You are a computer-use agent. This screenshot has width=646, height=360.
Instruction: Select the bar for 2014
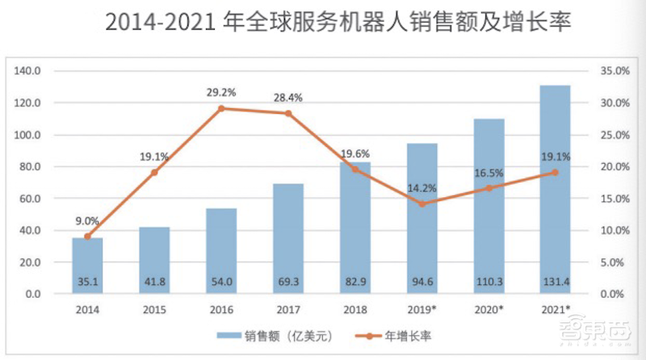click(87, 266)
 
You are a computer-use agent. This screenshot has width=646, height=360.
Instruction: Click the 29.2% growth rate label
click(220, 92)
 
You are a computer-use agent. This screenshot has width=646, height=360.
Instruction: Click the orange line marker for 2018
click(354, 170)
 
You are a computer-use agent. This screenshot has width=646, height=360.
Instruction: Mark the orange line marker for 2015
click(154, 172)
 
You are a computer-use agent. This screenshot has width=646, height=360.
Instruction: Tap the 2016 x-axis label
click(220, 309)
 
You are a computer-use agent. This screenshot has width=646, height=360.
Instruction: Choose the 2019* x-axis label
click(422, 309)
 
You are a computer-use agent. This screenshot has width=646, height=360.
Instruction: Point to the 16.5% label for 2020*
click(489, 173)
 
